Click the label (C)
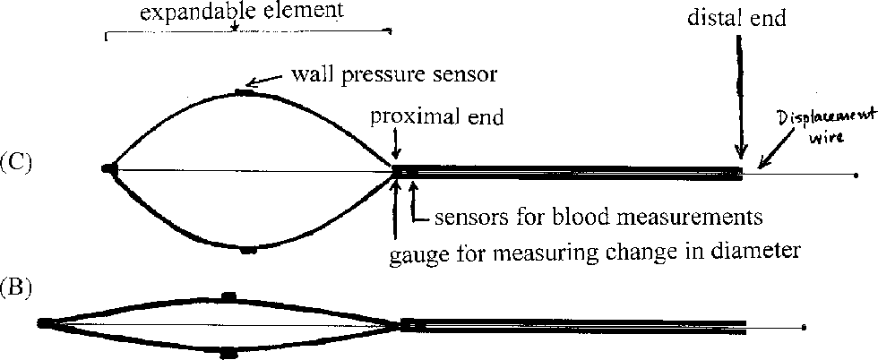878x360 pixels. [x=16, y=163]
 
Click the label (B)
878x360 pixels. [x=16, y=289]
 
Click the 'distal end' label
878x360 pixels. [x=737, y=18]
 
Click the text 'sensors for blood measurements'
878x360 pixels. [x=598, y=217]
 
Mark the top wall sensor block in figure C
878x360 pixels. [x=245, y=91]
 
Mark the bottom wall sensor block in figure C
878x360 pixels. [x=248, y=251]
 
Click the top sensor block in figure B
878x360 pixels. [x=228, y=296]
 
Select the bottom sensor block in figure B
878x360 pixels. [x=228, y=353]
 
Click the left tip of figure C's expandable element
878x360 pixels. [x=108, y=167]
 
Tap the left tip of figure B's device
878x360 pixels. [x=44, y=322]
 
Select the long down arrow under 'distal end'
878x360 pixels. [x=740, y=99]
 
